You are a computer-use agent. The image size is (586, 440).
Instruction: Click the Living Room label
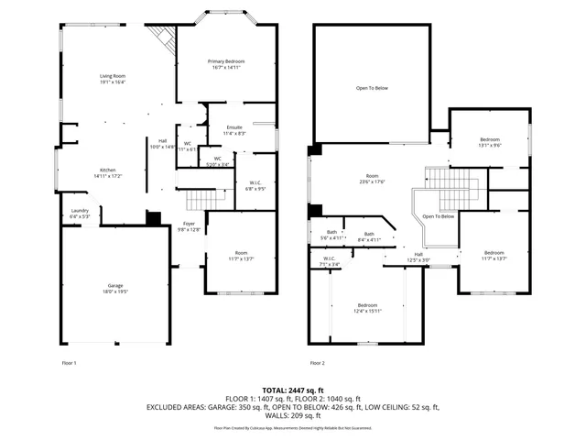pos(113,78)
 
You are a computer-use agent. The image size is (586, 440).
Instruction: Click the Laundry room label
pos(80,214)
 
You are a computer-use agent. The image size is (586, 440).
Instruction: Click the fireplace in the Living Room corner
pos(164,39)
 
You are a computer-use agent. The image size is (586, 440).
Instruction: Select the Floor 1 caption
pos(70,363)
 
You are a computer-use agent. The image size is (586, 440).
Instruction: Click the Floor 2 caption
pos(318,363)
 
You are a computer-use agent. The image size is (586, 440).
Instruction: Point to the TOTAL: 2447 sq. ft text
pos(293,390)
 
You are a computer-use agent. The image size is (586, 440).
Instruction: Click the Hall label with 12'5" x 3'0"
pos(418,257)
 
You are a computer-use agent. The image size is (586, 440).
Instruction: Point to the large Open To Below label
pos(372,88)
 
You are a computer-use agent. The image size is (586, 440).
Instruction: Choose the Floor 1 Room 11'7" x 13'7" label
pos(241,256)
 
